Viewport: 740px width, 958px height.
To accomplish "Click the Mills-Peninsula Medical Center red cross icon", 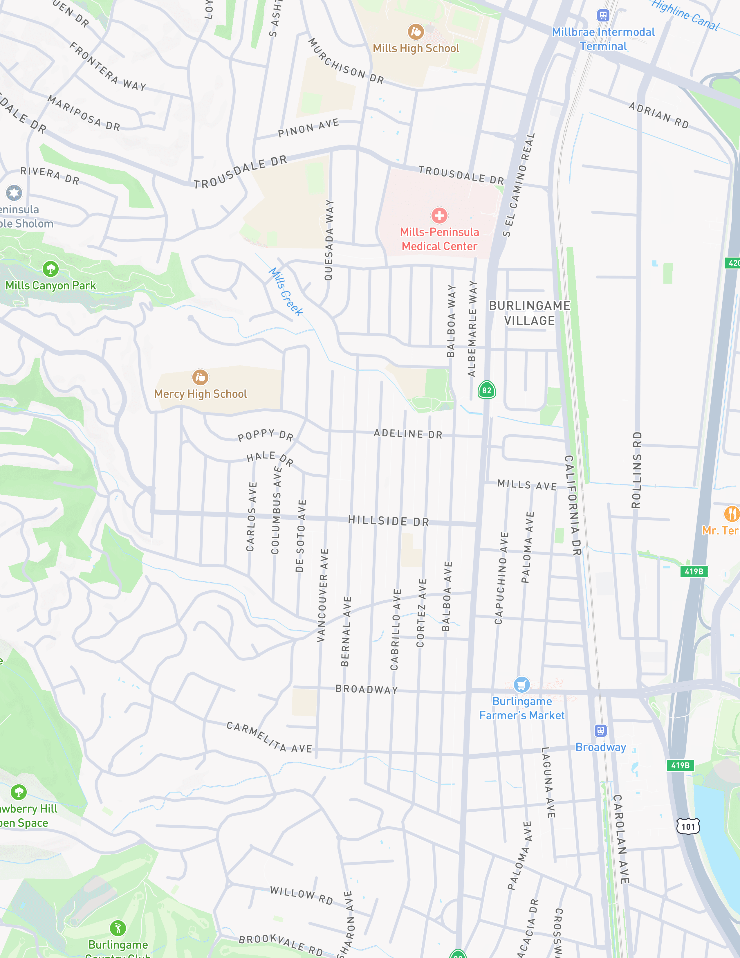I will click(x=439, y=215).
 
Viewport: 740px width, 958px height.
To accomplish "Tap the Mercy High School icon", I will click(x=200, y=377).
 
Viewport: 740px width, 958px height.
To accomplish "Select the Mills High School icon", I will click(x=416, y=32).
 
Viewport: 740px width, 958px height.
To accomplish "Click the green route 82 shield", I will click(x=487, y=390).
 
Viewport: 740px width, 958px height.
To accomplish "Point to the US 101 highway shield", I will click(x=688, y=826).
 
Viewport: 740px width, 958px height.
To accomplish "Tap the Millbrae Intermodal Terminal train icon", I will click(x=603, y=15).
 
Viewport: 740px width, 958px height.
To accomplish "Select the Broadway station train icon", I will click(x=600, y=730).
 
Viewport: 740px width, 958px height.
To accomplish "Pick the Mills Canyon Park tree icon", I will click(x=50, y=269).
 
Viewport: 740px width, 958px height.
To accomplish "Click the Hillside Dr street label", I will click(x=388, y=521).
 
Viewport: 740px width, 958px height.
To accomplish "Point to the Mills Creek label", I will click(x=286, y=292).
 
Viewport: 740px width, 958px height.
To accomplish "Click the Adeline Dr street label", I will click(x=408, y=434).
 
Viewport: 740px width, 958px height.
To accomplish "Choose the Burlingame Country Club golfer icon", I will click(x=118, y=928).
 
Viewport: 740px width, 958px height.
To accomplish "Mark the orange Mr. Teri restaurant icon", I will click(x=731, y=513).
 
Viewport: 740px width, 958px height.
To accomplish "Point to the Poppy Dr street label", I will click(x=266, y=435).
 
